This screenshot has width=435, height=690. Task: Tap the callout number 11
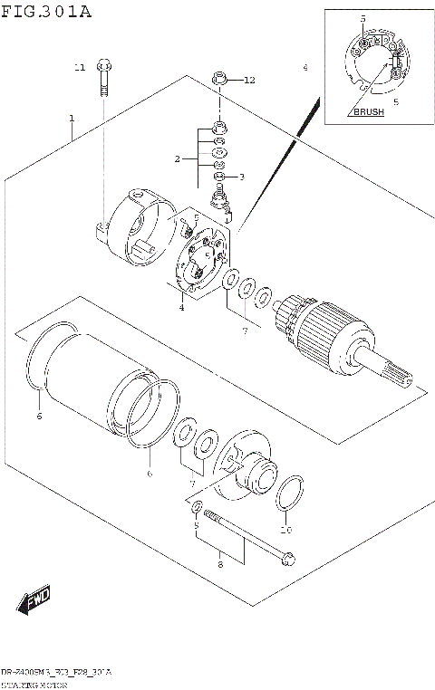click(79, 68)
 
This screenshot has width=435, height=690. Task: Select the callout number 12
click(249, 81)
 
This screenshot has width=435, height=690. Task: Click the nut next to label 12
click(219, 81)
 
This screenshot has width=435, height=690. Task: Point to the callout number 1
click(71, 119)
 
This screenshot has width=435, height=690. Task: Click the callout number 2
click(179, 159)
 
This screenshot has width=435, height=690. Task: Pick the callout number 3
click(241, 177)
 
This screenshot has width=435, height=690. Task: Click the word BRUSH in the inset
click(368, 112)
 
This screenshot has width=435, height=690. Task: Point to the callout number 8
click(219, 566)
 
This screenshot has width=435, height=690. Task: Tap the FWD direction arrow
click(35, 600)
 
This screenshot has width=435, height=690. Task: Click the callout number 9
click(195, 524)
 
